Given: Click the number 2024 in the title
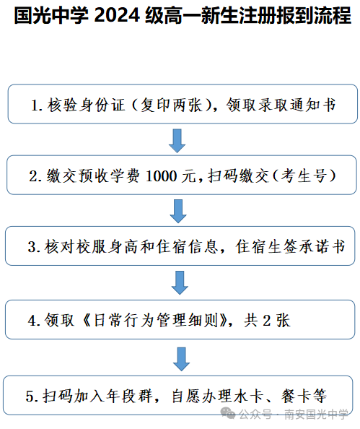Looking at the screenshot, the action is point(117,16).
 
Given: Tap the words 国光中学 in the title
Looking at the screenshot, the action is point(51,16).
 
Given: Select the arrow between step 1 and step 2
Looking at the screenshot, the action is point(177,141).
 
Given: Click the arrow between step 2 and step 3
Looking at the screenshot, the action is point(178,211).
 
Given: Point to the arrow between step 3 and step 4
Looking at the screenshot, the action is point(180,282).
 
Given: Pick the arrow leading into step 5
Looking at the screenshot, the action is point(181,359).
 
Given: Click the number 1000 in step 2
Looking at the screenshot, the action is point(162,176).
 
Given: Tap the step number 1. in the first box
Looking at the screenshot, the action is point(37,105).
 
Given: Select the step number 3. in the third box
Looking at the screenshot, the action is point(34,247).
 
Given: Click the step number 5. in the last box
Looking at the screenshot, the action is point(32,396).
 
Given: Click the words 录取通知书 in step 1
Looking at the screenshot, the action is point(281,105).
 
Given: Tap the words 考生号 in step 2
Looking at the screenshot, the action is point(304,176).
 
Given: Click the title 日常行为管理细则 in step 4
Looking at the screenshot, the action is point(156,320).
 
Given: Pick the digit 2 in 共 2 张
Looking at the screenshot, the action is point(266,321).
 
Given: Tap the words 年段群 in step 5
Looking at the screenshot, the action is point(129,396).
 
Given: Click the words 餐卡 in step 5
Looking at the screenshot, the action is point(296,396).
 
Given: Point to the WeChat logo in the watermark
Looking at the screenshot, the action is point(228,413).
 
